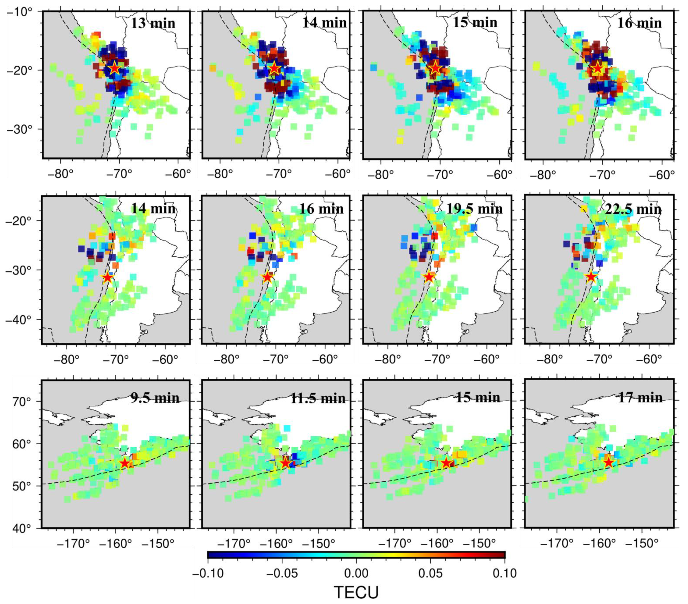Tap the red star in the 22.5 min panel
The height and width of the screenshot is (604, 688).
point(591,277)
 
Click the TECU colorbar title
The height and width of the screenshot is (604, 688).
point(356,592)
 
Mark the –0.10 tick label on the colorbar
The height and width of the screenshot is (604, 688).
point(208,573)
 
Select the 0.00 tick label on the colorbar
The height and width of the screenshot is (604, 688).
point(356,573)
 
